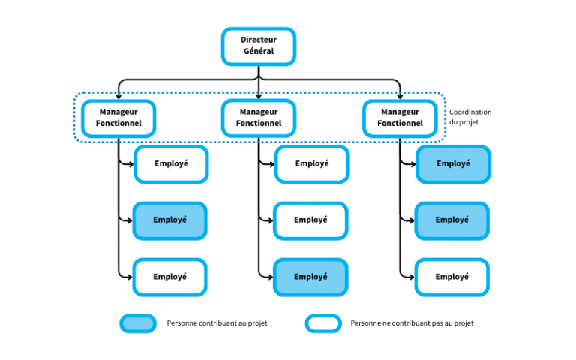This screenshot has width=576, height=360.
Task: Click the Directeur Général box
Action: [x=258, y=46]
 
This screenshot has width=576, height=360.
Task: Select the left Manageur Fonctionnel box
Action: [x=118, y=118]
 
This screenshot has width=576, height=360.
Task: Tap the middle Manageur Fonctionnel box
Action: [x=258, y=118]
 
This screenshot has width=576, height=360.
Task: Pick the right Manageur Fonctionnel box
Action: [x=400, y=118]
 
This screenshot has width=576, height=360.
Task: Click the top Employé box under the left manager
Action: [x=171, y=164]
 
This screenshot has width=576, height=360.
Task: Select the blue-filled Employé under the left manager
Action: [x=169, y=220]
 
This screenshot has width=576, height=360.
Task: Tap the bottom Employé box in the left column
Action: [x=169, y=277]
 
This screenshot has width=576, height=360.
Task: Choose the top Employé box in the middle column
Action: [x=311, y=164]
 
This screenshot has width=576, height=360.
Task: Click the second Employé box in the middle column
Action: [x=310, y=220]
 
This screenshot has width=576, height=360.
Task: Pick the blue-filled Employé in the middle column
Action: [x=310, y=277]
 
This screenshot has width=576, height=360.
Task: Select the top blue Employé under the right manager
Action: [x=453, y=164]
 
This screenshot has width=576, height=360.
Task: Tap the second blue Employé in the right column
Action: [x=451, y=220]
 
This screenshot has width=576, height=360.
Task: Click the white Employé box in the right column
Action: [x=451, y=277]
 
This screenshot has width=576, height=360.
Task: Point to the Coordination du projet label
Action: [x=470, y=117]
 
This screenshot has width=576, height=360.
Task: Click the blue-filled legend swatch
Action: [x=138, y=323]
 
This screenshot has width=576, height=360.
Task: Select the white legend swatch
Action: [x=323, y=323]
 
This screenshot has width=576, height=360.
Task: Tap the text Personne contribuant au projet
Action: [x=217, y=323]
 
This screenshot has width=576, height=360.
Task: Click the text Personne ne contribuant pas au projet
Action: [x=412, y=323]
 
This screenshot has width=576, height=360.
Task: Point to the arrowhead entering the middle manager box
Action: [x=259, y=96]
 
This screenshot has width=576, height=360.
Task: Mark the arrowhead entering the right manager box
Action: [x=400, y=96]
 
